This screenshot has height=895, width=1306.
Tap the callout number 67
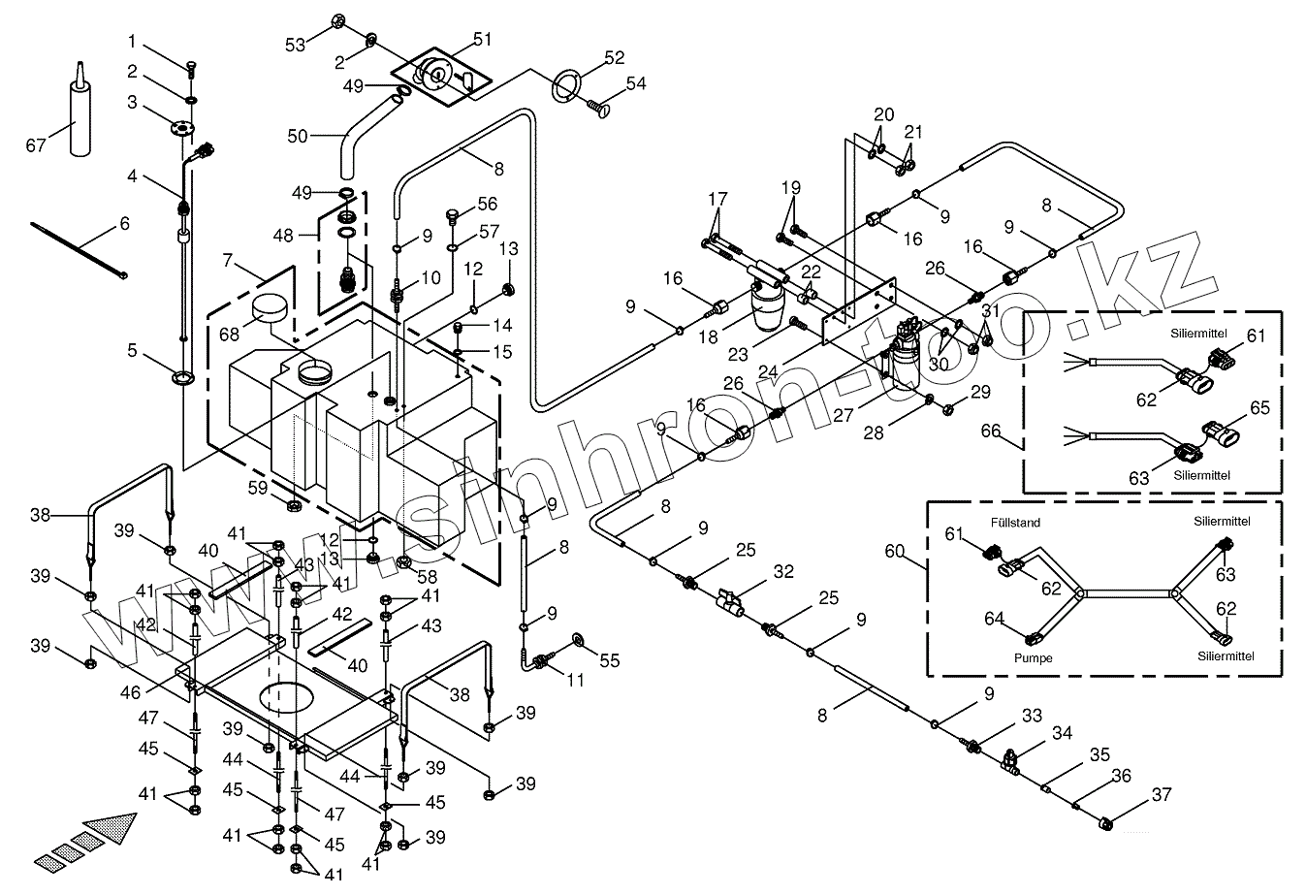point(35,145)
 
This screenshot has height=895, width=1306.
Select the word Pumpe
point(1034,657)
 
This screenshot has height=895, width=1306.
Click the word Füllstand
point(1015,523)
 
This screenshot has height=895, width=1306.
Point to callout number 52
point(614,58)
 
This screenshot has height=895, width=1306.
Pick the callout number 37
point(1160,795)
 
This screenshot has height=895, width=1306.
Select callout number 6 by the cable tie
point(123,223)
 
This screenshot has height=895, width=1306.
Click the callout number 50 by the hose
point(297,137)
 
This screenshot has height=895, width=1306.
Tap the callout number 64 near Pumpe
point(994,618)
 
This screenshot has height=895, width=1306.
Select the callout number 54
point(635,83)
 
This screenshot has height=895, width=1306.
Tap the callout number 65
point(1258,408)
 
